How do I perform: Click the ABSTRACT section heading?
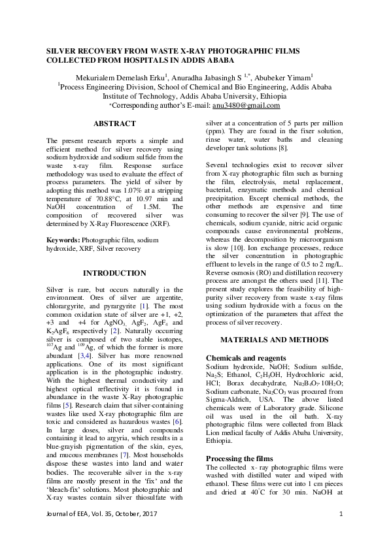click(x=114, y=123)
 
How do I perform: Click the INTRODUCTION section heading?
click(x=114, y=273)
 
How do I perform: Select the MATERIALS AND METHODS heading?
click(x=274, y=340)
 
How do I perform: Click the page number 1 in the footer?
click(x=341, y=535)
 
